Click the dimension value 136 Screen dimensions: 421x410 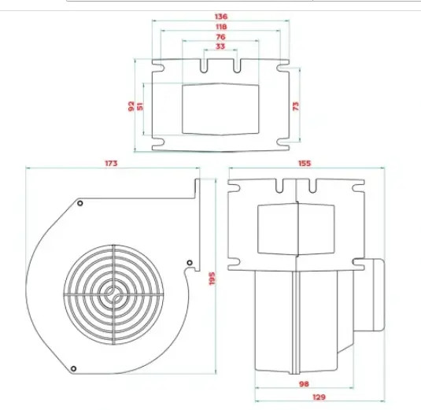pos(221,17)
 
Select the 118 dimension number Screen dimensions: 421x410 pos(221,27)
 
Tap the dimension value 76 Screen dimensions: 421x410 pos(220,37)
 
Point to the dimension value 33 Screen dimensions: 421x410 pos(220,46)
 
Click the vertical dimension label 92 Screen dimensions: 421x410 pos(131,106)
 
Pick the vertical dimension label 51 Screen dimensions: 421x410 pos(140,106)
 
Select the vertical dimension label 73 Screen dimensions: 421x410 pos(295,106)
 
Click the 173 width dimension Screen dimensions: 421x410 pos(111,163)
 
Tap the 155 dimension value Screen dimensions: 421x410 pos(305,163)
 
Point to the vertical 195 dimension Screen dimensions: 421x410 pos(212,279)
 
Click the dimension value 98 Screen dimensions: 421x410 pos(304,384)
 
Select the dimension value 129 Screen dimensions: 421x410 pos(319,397)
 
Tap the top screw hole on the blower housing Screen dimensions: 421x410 pos(79,203)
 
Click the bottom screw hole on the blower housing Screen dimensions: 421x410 pos(73,368)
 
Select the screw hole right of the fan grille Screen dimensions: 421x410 pos(190,263)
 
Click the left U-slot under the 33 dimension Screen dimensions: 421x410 pos(204,66)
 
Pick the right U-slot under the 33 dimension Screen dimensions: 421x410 pos(237,66)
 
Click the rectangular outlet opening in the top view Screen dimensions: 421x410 pos(220,109)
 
